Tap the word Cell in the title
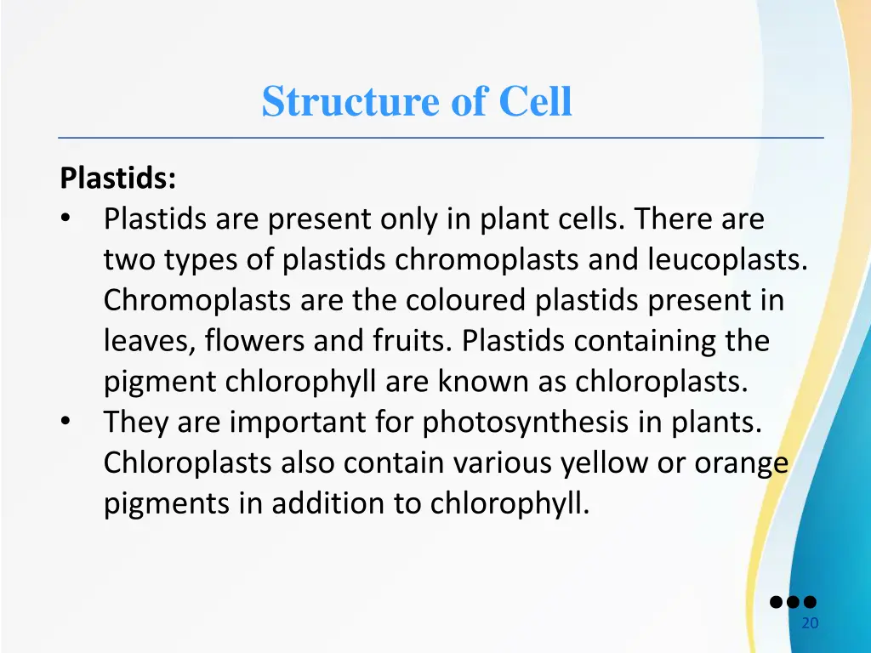[x=535, y=102]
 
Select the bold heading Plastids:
[x=118, y=179]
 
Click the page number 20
[x=810, y=623]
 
